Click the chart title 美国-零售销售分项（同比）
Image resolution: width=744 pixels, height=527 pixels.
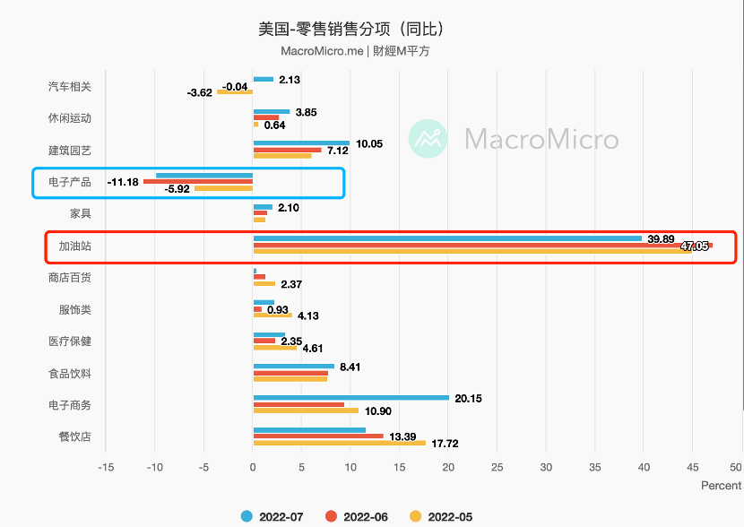click(x=351, y=29)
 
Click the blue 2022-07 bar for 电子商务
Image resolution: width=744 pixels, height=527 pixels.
click(x=350, y=397)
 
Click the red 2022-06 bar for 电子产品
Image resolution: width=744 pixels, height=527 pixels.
click(x=198, y=182)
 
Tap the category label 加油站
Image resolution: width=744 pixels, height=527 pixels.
click(x=75, y=246)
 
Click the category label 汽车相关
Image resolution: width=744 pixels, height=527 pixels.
click(x=70, y=87)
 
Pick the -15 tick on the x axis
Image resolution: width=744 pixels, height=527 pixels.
click(x=106, y=468)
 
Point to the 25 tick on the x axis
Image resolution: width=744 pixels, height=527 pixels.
click(x=497, y=468)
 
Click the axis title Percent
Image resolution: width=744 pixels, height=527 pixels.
click(x=722, y=486)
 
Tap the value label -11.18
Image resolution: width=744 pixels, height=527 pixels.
click(x=122, y=182)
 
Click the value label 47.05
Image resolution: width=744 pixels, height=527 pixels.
click(x=695, y=246)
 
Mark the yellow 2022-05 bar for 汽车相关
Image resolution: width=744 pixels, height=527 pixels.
click(x=235, y=92)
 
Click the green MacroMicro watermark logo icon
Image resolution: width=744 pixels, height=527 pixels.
click(x=428, y=139)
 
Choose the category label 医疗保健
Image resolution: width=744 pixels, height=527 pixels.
click(x=70, y=341)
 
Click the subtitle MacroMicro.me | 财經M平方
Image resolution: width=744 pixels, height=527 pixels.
click(x=355, y=51)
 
